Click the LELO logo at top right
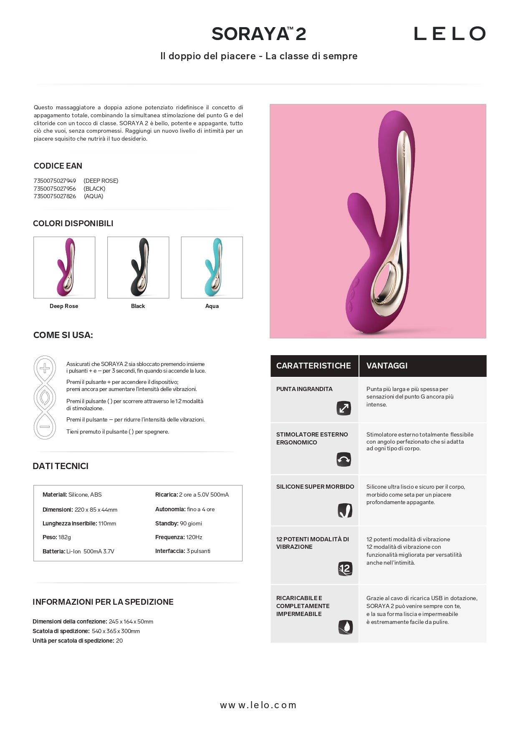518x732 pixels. [x=449, y=34]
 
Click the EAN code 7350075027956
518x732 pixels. [x=55, y=189]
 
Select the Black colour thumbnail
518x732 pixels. [x=138, y=268]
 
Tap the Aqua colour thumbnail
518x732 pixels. [x=212, y=268]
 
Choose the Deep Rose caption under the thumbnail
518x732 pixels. [x=64, y=306]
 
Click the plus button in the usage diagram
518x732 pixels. [x=45, y=369]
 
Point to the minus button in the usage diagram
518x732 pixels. [x=45, y=427]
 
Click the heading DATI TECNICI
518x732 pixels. [x=61, y=466]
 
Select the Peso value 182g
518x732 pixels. [x=65, y=537]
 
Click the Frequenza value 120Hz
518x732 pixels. [x=194, y=537]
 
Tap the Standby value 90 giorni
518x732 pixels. [x=191, y=523]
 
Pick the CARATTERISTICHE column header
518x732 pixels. [x=313, y=366]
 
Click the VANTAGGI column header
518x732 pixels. [x=387, y=366]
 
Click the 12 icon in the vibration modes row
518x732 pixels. [x=345, y=568]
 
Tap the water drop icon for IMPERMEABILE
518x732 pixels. [x=345, y=627]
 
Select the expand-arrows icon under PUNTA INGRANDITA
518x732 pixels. [x=344, y=408]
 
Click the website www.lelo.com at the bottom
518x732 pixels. [x=258, y=705]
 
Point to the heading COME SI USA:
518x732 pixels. [x=63, y=335]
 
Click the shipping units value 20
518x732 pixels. [x=119, y=641]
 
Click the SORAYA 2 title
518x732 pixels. [x=259, y=34]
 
